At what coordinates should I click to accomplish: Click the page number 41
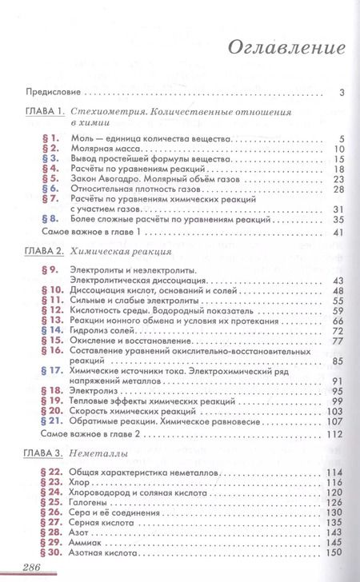(x=337, y=232)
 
